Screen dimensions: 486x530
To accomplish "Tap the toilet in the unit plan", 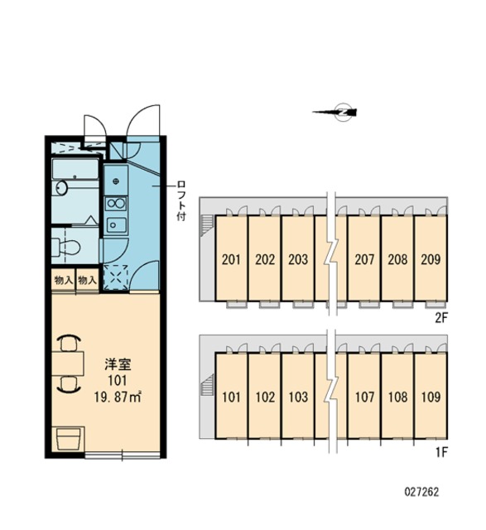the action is [x=66, y=247].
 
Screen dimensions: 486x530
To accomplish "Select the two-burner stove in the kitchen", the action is [x=116, y=204].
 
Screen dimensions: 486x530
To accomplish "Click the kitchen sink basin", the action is [x=116, y=224].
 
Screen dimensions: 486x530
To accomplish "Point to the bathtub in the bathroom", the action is [x=75, y=168].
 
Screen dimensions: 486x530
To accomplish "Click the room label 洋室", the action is [x=118, y=364].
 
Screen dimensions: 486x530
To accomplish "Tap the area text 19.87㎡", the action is [x=118, y=397].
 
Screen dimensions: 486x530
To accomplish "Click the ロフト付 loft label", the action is [x=181, y=200].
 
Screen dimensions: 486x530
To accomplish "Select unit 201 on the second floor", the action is [x=232, y=258].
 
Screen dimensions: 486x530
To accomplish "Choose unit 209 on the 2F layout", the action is [x=431, y=258].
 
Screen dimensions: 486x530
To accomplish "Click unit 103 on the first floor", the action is [x=298, y=396].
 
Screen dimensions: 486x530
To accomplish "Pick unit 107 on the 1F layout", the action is [x=364, y=396].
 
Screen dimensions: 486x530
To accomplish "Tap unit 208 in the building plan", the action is [x=397, y=258].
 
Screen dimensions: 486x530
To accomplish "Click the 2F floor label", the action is [x=441, y=317].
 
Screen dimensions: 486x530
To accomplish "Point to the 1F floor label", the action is [x=441, y=452].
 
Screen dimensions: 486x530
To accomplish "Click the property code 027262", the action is [x=421, y=492].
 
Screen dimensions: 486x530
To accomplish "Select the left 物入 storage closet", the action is [x=64, y=280].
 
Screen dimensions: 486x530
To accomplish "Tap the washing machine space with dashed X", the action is [x=116, y=277].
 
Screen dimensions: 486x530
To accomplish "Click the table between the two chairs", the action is [x=68, y=364].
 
